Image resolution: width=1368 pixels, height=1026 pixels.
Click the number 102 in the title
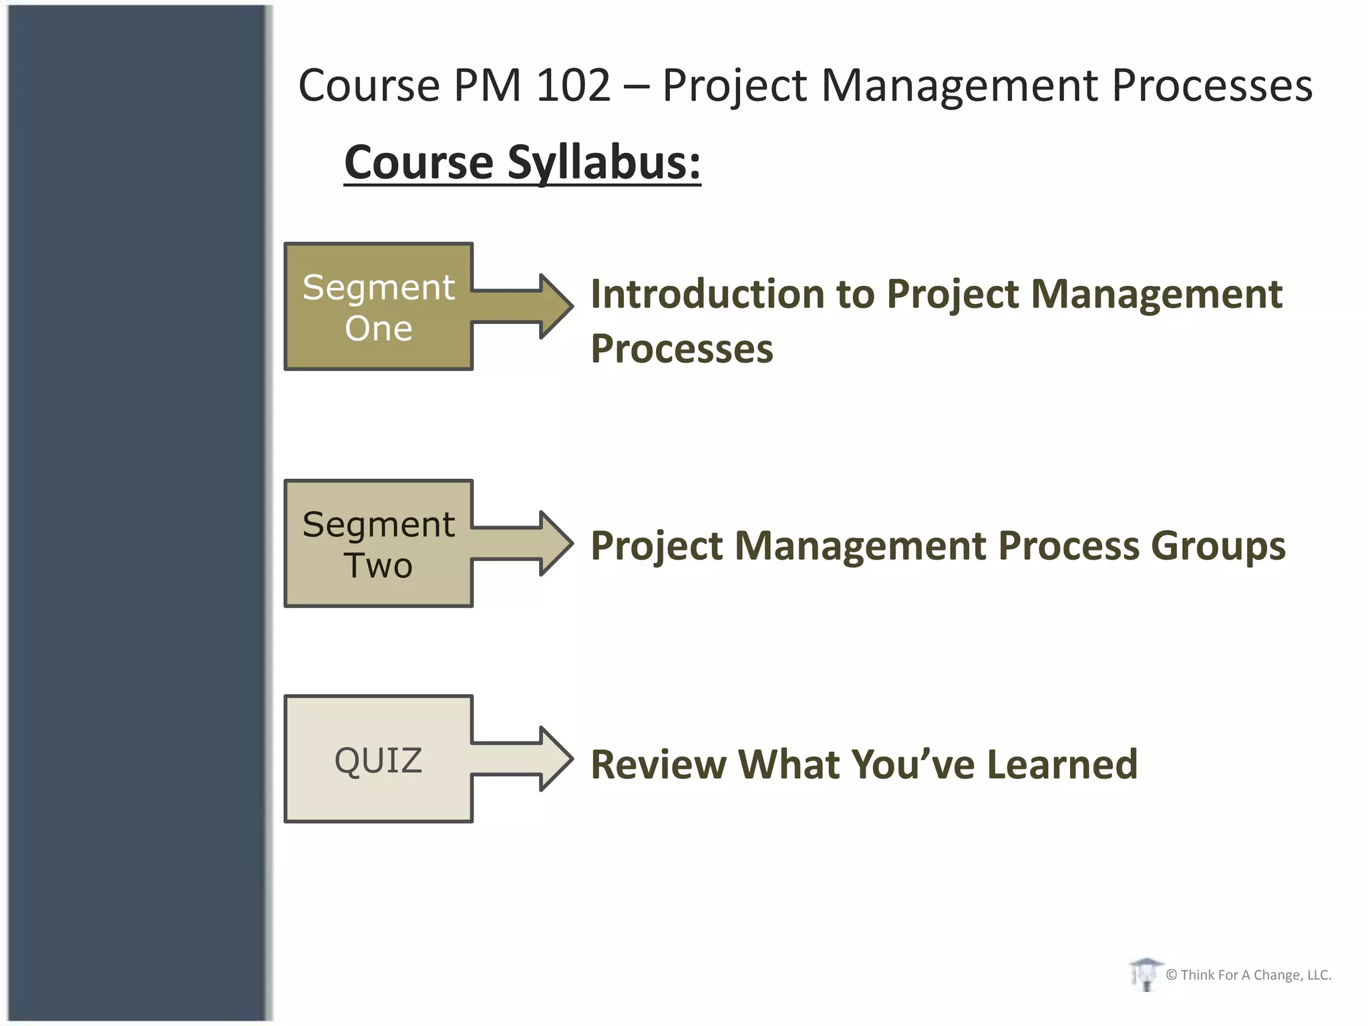pos(573,85)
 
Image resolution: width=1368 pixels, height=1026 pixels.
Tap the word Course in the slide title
pos(369,85)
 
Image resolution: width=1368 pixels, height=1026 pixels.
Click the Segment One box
pos(378,307)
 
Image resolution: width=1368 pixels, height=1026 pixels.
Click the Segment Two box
pos(378,544)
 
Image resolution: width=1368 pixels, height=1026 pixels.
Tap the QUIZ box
pos(378,759)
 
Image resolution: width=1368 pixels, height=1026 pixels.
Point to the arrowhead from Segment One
pos(556,307)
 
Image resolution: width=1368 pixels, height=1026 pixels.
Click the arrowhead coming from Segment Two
pos(556,544)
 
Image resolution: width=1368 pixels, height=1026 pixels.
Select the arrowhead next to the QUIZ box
pos(556,759)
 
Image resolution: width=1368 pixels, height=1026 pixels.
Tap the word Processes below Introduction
pos(681,349)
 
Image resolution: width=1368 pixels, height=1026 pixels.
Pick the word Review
pos(658,764)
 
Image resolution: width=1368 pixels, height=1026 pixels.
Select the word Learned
pos(1061,764)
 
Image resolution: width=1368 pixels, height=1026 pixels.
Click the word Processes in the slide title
pos(1212,85)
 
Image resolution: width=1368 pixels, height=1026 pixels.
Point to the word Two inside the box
pos(378,565)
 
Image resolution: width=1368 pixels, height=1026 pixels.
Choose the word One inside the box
pos(378,328)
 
